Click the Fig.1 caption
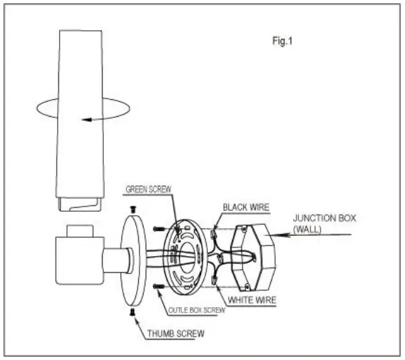point(282,41)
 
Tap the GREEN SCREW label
point(148,190)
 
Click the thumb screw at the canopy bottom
point(131,310)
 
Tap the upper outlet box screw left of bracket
point(158,229)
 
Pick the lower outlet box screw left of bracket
point(158,286)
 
